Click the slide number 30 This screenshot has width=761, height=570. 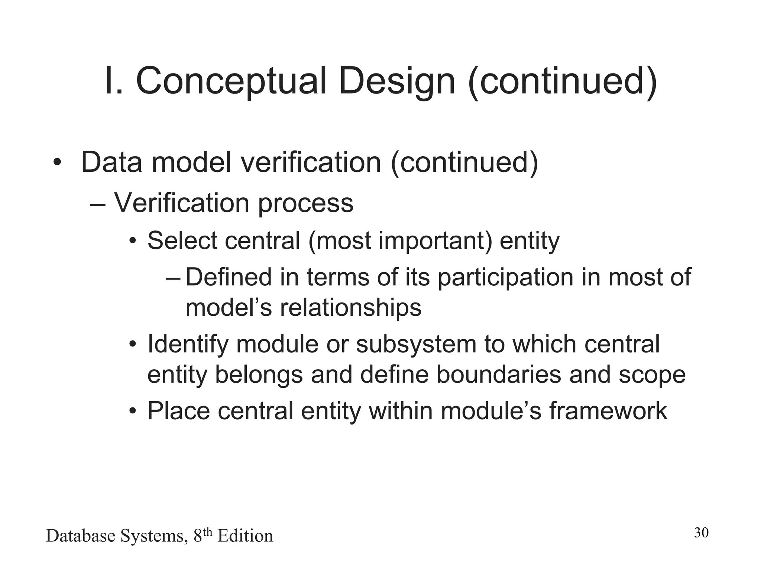(x=701, y=533)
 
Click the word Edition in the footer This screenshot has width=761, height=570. (x=245, y=536)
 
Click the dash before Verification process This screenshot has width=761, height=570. (x=98, y=203)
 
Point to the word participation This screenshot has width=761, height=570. (x=506, y=278)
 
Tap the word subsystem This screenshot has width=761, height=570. (x=416, y=344)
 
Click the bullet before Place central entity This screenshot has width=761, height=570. (x=133, y=412)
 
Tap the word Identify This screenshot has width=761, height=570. (x=187, y=345)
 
